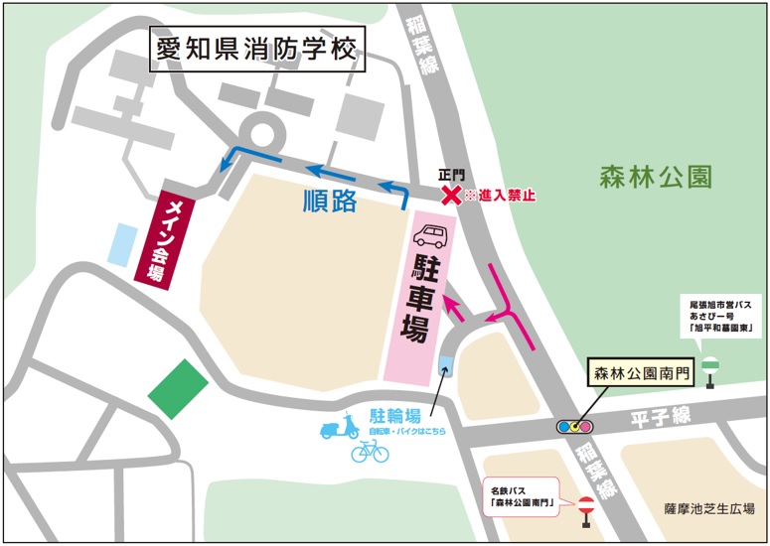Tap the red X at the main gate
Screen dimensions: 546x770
[x=451, y=196]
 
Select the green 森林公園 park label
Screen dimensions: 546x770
[x=656, y=178]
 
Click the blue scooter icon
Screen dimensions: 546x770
[x=339, y=428]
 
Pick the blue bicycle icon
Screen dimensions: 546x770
[x=370, y=452]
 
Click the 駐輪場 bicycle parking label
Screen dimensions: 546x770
[x=395, y=414]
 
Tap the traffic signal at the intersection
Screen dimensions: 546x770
[x=575, y=427]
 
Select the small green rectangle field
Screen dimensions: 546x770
[x=179, y=388]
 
